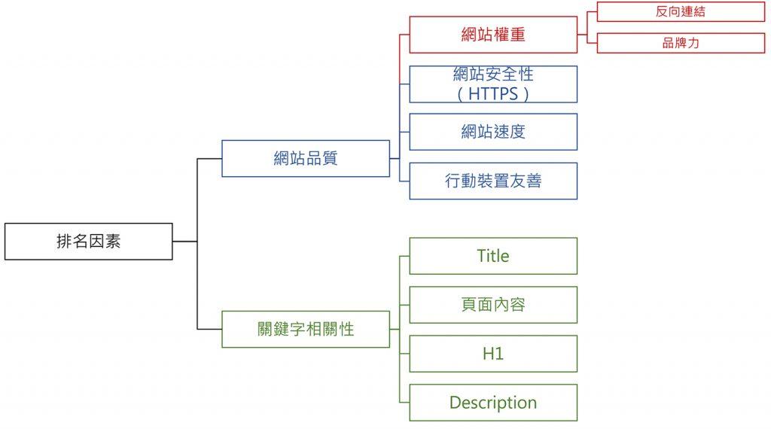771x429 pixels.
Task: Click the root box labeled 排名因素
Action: [89, 242]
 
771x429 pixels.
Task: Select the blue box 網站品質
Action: [306, 158]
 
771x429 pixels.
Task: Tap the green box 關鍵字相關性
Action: [306, 329]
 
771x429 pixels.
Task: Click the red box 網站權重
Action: [493, 35]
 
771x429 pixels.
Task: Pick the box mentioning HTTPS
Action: [493, 84]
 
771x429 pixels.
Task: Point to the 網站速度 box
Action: [493, 132]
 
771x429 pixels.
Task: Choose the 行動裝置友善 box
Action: [493, 181]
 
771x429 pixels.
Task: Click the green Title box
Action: [493, 256]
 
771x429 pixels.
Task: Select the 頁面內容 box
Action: [493, 305]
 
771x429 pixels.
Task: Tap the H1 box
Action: [493, 354]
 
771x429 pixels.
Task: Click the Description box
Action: [493, 403]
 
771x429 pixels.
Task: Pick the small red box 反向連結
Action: [681, 12]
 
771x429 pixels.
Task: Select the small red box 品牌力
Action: [681, 43]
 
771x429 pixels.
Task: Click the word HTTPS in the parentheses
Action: [493, 93]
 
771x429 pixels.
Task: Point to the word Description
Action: [493, 403]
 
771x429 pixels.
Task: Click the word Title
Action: [493, 256]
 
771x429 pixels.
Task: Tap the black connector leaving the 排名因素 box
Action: [185, 242]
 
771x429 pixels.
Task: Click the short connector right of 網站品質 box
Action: [395, 158]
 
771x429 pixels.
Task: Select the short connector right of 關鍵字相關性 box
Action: [395, 329]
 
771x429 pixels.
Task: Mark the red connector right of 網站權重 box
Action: [582, 35]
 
